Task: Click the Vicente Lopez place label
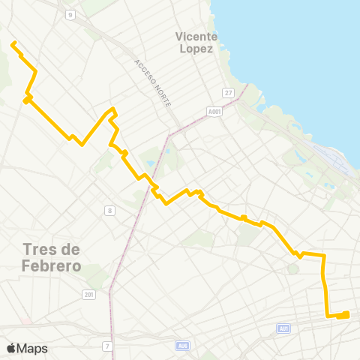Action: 196,42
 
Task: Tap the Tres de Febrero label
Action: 52,257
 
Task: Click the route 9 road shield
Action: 70,14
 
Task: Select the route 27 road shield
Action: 228,92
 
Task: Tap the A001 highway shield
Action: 214,111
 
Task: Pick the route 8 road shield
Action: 109,211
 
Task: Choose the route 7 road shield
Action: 108,345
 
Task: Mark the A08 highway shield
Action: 182,345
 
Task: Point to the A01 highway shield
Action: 283,328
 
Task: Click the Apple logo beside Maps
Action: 10,348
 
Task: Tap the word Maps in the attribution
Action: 32,348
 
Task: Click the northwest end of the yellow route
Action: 12,43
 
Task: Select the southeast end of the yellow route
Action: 347,313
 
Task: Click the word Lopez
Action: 196,49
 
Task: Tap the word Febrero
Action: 52,265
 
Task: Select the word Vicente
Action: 196,36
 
